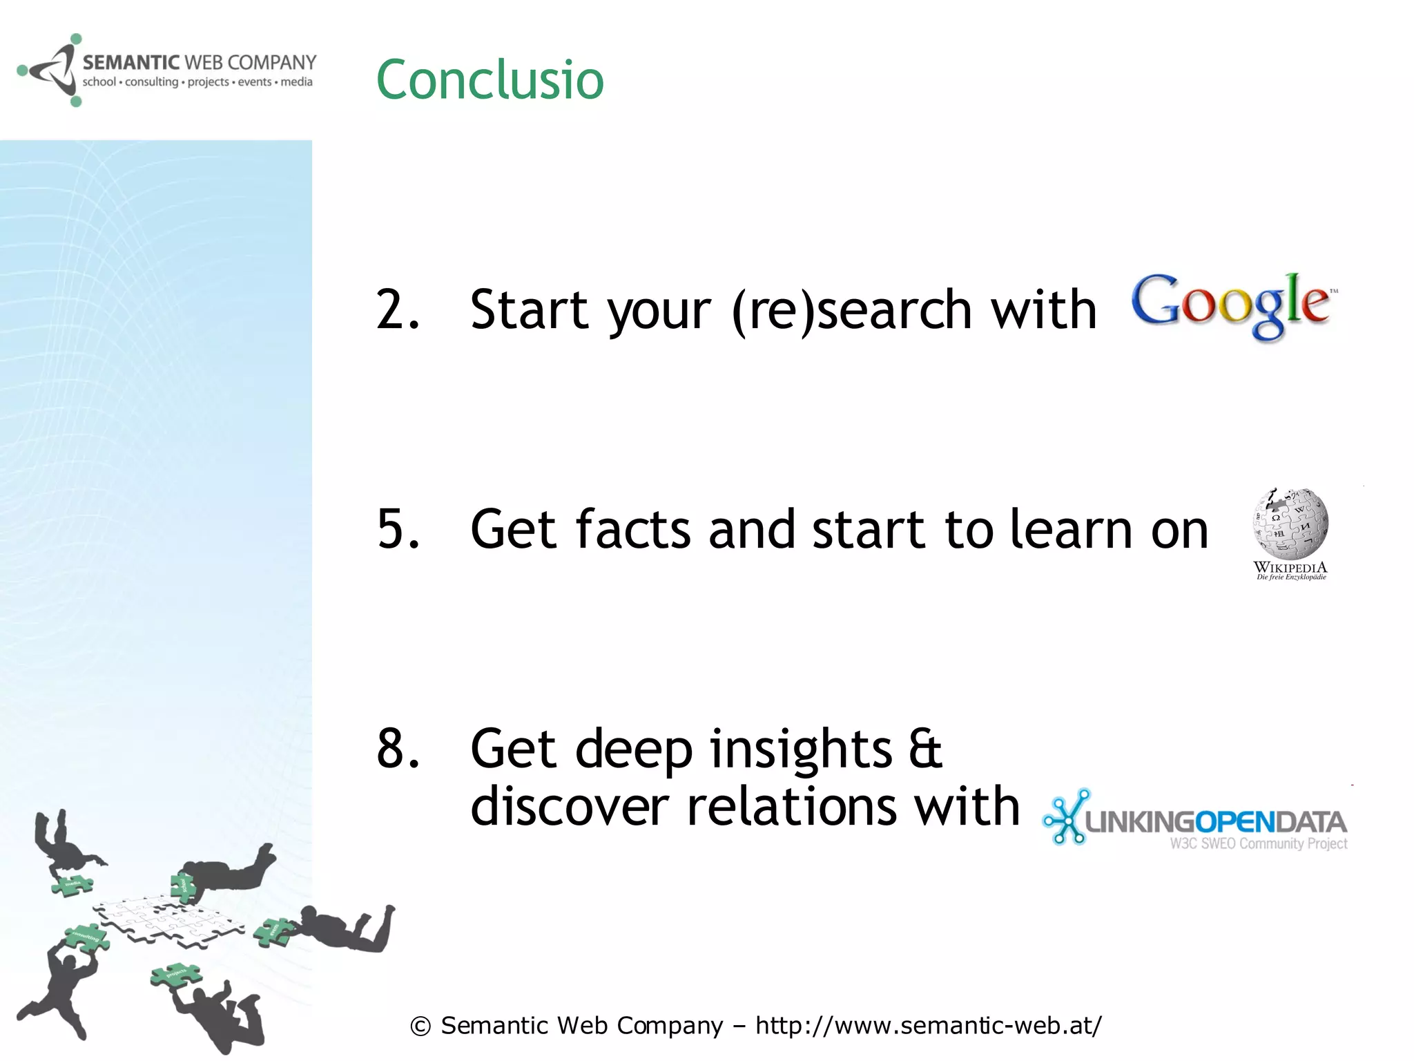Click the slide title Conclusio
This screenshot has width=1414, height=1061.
point(490,80)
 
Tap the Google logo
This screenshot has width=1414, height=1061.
point(1234,306)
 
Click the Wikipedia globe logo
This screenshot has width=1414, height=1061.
point(1290,523)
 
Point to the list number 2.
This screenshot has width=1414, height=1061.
point(397,309)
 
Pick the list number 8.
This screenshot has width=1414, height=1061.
point(398,749)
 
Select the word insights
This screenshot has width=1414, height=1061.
point(801,749)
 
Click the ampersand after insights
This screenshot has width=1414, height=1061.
point(925,749)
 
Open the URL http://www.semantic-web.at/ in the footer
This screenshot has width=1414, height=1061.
point(928,1026)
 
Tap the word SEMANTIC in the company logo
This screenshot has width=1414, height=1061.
point(130,63)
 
